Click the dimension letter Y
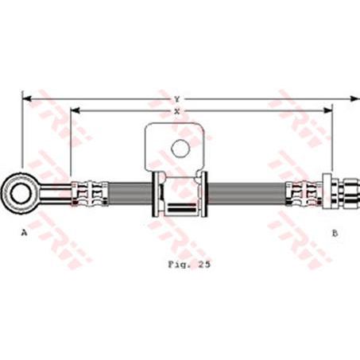[x=176, y=99]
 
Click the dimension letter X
[x=176, y=110]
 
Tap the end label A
[x=25, y=233]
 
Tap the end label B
[x=335, y=233]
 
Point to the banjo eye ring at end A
[x=17, y=192]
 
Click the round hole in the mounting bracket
[x=180, y=148]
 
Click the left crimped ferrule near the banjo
[x=87, y=192]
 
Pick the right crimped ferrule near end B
[x=304, y=192]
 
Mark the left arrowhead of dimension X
[x=74, y=110]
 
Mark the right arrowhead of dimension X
[x=327, y=110]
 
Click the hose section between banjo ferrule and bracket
[x=127, y=192]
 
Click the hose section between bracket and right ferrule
[x=246, y=192]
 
